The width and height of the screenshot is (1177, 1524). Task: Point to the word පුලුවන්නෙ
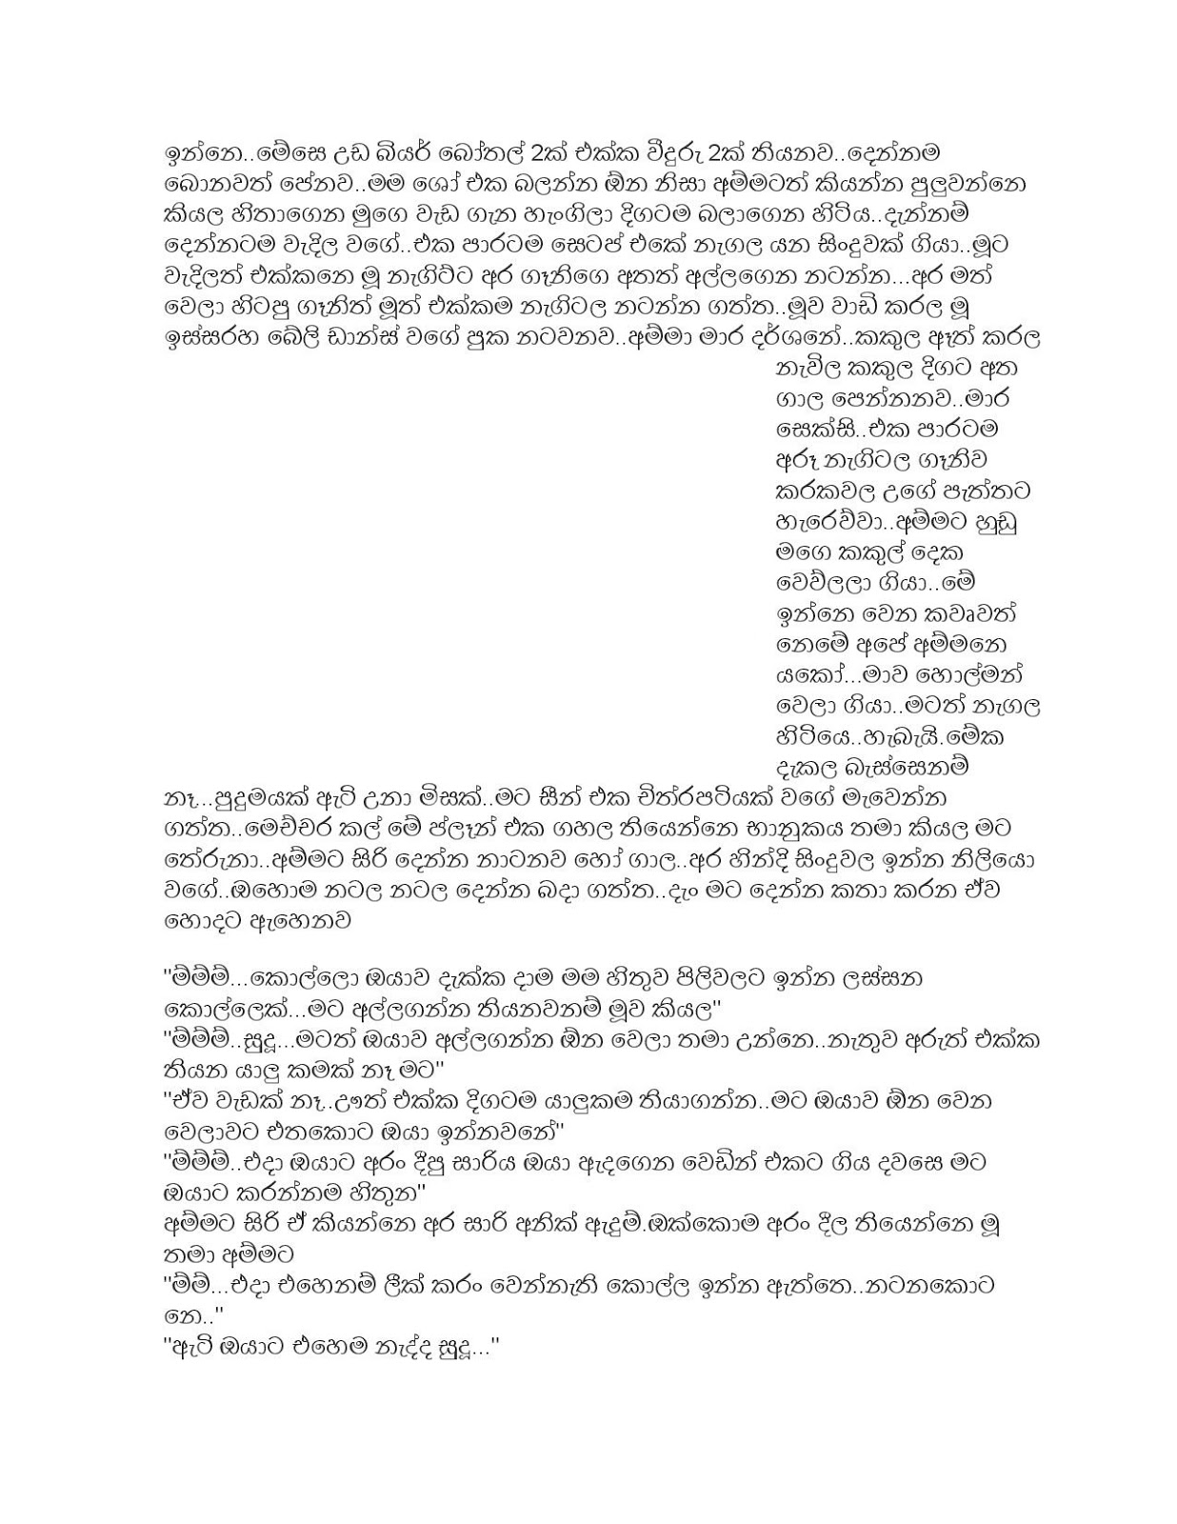tap(979, 184)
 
